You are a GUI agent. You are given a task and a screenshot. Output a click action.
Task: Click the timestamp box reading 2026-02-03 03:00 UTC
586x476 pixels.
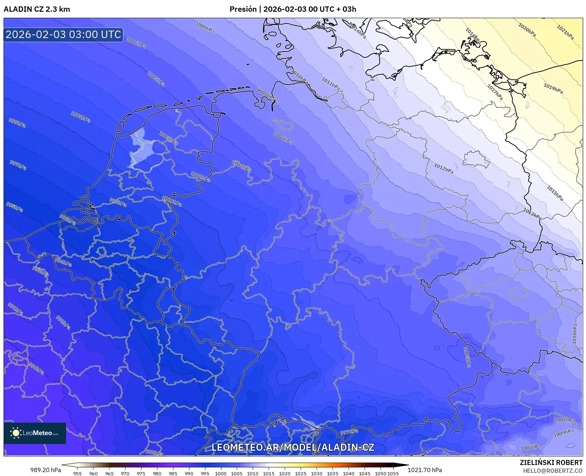[63, 35]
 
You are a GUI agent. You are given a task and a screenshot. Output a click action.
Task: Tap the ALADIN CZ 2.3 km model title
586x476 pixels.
[37, 9]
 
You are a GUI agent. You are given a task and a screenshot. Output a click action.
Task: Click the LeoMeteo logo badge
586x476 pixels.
[35, 433]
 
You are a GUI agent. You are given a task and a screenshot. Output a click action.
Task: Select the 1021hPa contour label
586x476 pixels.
[565, 32]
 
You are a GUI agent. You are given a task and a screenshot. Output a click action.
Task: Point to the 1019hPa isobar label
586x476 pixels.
[553, 88]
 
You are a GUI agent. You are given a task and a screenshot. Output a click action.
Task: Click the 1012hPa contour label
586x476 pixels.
[443, 168]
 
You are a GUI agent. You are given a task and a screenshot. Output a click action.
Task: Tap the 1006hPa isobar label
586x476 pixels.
[136, 43]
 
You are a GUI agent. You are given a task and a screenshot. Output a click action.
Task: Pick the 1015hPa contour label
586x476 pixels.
[554, 193]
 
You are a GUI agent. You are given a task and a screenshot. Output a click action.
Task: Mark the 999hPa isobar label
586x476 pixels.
[17, 123]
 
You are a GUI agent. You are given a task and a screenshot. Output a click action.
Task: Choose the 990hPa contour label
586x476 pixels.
[36, 369]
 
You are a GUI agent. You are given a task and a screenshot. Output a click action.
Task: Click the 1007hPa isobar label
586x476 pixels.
[283, 138]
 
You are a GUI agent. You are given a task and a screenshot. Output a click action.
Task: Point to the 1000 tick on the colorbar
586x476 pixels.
[221, 474]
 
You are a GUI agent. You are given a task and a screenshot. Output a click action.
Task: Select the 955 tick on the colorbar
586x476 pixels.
[77, 474]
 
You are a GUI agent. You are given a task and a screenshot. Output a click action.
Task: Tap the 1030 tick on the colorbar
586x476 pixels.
[316, 474]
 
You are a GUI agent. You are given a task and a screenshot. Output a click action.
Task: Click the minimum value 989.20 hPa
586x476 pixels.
[45, 470]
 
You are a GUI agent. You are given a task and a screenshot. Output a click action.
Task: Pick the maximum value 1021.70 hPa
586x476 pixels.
[425, 470]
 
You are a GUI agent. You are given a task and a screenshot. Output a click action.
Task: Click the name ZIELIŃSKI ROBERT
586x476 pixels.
[551, 463]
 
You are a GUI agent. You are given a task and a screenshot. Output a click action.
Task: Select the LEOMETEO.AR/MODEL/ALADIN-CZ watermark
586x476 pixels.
[293, 447]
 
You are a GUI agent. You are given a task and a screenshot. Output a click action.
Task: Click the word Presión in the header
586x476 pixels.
[243, 9]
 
